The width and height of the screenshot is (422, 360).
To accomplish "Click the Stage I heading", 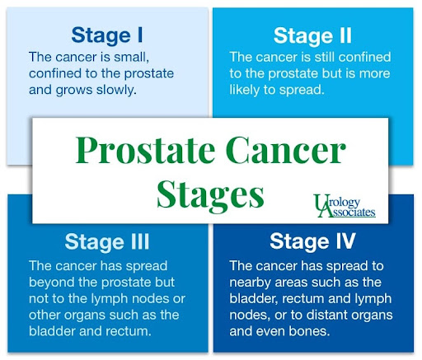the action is pos(107,35).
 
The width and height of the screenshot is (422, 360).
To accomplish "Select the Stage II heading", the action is pos(312,36).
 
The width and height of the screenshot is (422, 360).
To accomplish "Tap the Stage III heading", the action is pos(107,242).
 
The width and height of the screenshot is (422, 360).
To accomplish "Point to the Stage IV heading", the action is pos(312,241).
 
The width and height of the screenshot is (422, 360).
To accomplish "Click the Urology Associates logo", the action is pos(345,206).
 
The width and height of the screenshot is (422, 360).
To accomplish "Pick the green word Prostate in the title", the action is pos(145,151).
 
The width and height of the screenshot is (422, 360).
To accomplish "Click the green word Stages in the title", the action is pos(210,195).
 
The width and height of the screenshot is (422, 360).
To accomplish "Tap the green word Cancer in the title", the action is pos(286,151).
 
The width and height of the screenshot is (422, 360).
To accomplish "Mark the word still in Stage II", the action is pos(325,57).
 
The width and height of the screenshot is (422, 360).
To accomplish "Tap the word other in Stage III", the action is pos(45,316).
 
